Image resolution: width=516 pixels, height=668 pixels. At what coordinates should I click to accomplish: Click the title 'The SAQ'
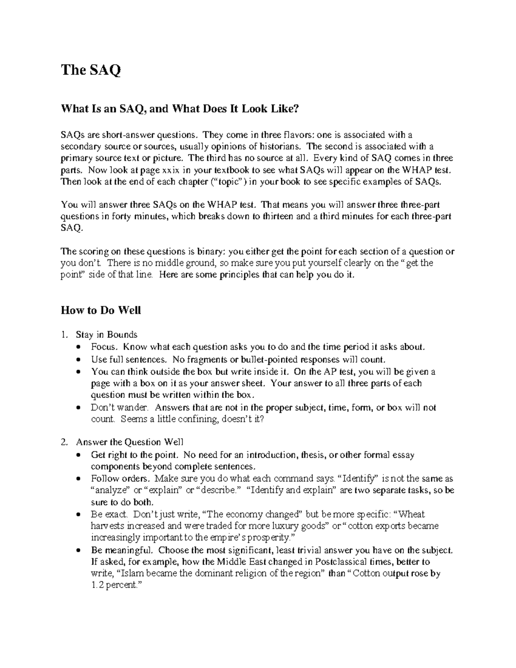pos(91,70)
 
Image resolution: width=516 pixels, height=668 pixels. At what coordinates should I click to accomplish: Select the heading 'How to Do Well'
pos(101,310)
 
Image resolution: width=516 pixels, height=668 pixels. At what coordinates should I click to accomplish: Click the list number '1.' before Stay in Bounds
pos(64,335)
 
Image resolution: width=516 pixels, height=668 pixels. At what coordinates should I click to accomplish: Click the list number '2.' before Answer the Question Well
pos(64,442)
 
